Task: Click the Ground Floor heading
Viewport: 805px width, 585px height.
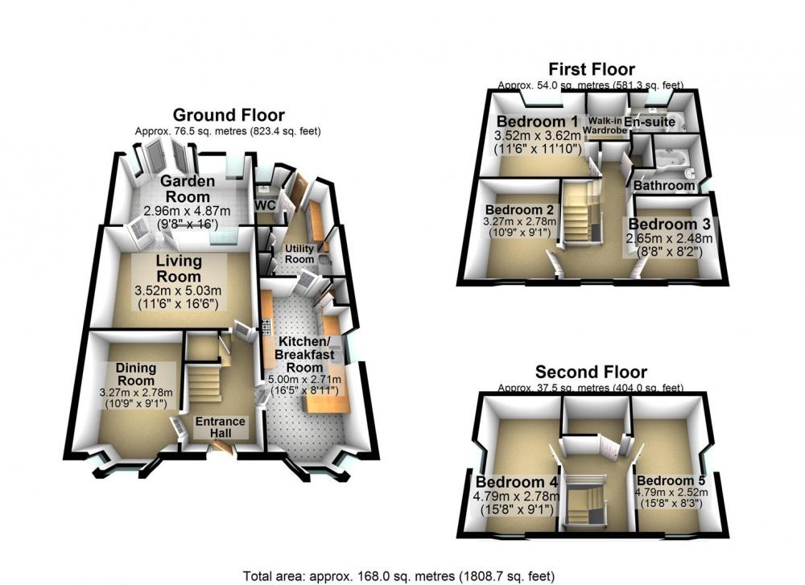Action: [229, 115]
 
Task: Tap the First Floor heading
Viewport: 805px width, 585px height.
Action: [592, 68]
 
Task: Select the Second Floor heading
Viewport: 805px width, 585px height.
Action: [591, 372]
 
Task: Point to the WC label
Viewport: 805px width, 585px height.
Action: [266, 205]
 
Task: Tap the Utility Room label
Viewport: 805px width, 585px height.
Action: [299, 254]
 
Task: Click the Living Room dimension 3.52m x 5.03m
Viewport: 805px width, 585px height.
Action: [178, 291]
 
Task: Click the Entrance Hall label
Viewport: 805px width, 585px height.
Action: [221, 427]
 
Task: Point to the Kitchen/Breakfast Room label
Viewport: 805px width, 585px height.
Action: [304, 355]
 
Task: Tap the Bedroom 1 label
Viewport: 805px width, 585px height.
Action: [538, 122]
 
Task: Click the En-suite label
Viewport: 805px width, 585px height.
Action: [650, 122]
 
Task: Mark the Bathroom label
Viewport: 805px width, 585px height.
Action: [664, 185]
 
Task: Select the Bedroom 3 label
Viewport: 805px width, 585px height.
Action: [669, 225]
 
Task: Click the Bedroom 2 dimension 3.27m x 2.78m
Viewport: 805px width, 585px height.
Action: [519, 221]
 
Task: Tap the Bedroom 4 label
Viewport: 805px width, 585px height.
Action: [517, 482]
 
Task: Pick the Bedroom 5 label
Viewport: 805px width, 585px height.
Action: [671, 481]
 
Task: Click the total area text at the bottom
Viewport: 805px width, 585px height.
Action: [399, 576]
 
